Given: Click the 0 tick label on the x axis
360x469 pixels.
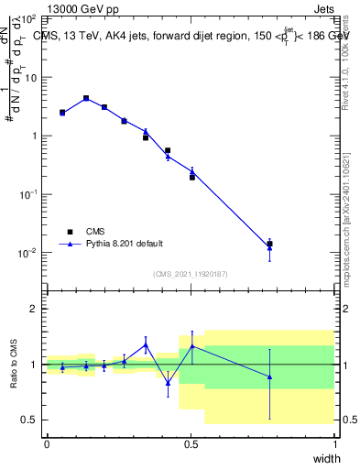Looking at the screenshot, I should tap(47, 443).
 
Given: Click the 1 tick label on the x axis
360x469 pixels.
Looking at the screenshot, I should tap(334, 443).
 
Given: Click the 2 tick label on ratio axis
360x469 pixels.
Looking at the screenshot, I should tap(33, 309).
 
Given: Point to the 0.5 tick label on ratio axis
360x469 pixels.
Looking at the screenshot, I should tap(29, 420).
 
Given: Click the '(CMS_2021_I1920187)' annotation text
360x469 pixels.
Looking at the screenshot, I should tap(191, 273).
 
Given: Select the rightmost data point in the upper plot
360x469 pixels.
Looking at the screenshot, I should tap(269, 245).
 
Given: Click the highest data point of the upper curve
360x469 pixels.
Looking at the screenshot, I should tap(86, 98).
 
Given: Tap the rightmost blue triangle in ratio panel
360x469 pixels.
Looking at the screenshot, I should tap(269, 376).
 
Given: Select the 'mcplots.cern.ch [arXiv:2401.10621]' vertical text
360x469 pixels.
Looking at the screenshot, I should tap(345, 206).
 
